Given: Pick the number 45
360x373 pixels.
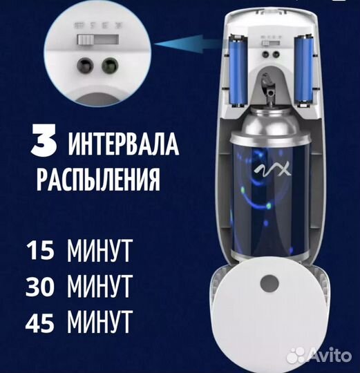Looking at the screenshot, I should click(x=38, y=321).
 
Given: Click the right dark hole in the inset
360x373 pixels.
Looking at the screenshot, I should click(x=108, y=66).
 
